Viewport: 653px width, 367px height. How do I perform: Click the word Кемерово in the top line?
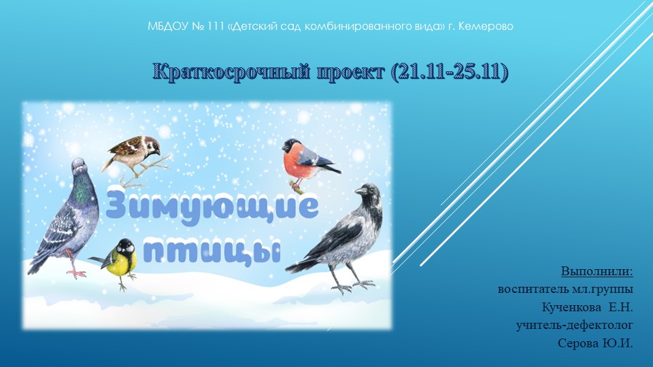click(486, 27)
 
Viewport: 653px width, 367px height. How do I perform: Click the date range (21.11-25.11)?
click(450, 72)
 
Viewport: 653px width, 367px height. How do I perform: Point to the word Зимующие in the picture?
click(212, 206)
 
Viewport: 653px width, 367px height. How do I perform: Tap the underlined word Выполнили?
click(597, 273)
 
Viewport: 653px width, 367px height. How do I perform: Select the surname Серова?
click(579, 343)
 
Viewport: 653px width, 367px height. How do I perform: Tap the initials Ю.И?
click(618, 343)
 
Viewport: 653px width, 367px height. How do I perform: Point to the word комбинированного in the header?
click(354, 27)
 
